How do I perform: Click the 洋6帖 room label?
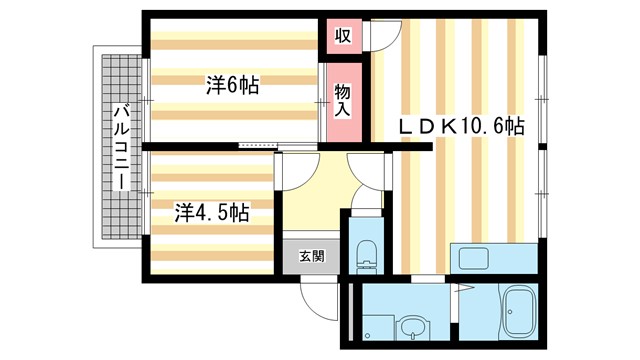(232, 86)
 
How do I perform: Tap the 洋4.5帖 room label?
(211, 212)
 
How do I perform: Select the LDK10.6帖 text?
(463, 126)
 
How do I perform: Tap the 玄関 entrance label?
(311, 256)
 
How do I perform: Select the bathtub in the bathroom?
(520, 313)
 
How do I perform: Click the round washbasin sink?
(412, 327)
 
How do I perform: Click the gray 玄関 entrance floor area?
(311, 257)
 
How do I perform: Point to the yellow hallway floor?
(315, 200)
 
